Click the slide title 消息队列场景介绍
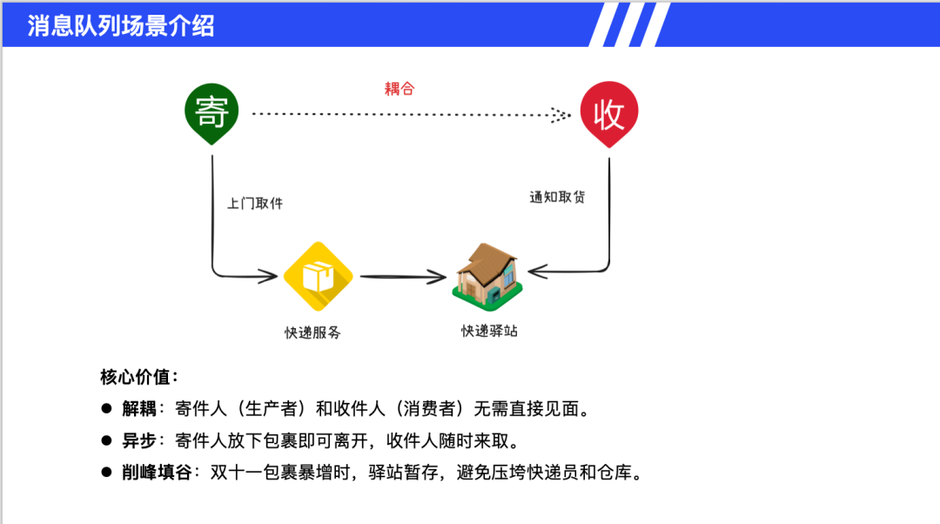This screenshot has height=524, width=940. (x=121, y=25)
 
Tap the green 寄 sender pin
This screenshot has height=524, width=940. (x=211, y=111)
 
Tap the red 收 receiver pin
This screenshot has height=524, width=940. (x=609, y=113)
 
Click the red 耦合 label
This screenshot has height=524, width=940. (x=399, y=88)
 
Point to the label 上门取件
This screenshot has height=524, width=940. (x=255, y=203)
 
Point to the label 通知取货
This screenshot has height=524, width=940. (x=557, y=197)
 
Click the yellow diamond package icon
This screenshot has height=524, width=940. (x=318, y=276)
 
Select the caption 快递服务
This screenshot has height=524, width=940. (x=312, y=332)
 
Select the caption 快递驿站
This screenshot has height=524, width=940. (x=489, y=331)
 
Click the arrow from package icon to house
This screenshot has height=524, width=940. (x=402, y=277)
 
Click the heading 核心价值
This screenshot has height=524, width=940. (x=139, y=377)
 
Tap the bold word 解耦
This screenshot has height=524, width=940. (x=139, y=409)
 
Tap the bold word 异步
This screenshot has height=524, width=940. (x=139, y=440)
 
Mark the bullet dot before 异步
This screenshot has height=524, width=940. (x=106, y=440)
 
